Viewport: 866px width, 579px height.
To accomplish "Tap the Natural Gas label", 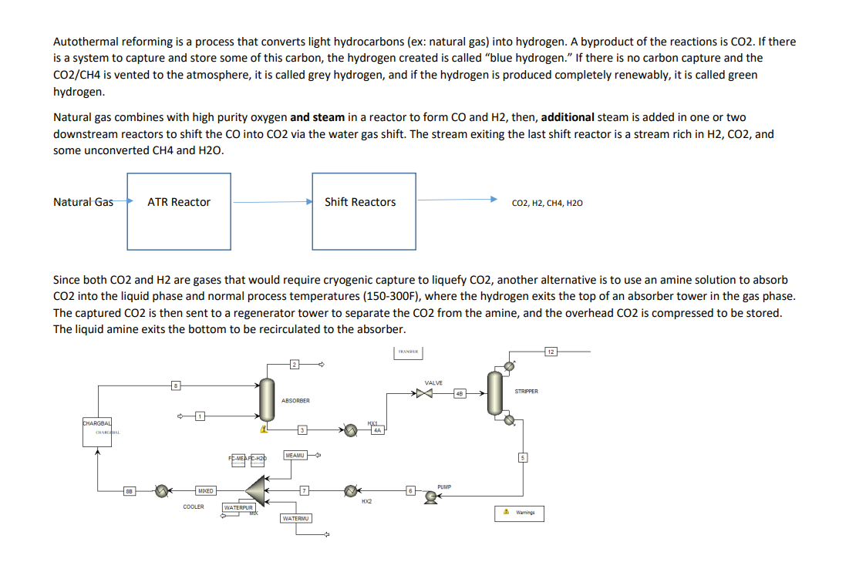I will (x=83, y=202).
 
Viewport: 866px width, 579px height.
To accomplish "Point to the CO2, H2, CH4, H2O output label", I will (x=547, y=203).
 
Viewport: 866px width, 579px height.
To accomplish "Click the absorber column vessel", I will (x=267, y=397).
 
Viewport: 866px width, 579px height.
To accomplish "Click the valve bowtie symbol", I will (x=423, y=394).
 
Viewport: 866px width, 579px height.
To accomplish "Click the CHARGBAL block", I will (x=98, y=432).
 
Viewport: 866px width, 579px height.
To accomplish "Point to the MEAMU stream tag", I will (x=294, y=455).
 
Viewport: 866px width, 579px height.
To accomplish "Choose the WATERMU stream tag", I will (x=296, y=518).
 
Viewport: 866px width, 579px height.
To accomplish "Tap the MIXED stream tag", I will (x=205, y=490).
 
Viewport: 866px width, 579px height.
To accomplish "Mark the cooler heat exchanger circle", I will (x=163, y=490).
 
